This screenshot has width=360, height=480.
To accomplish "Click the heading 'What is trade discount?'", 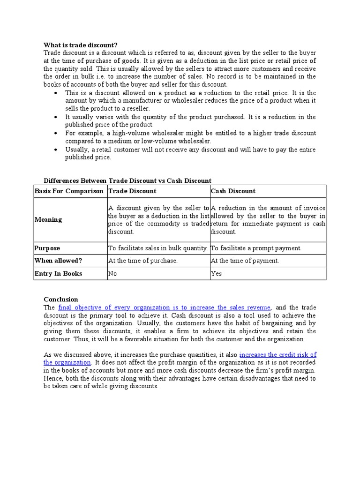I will tap(81, 45).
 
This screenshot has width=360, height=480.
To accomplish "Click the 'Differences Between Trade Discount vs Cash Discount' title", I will tap(127, 180).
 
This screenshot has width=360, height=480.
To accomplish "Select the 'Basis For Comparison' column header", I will tap(69, 191).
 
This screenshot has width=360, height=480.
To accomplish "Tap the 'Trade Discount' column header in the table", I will tap(133, 191).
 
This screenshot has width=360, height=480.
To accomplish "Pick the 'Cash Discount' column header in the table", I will tap(233, 191).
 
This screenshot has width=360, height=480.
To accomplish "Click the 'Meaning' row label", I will tap(48, 219).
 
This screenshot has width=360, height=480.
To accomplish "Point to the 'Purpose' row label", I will tap(47, 248).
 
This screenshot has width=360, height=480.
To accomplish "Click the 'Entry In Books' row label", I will tap(58, 273).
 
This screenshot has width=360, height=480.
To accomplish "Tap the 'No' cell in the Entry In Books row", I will tap(112, 273).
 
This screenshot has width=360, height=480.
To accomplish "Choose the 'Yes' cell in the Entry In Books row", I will tap(216, 273).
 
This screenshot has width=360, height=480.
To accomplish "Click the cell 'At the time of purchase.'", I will tap(143, 261).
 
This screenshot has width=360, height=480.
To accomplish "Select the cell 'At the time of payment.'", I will tap(245, 261).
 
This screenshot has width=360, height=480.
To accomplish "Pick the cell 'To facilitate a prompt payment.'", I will tap(256, 248).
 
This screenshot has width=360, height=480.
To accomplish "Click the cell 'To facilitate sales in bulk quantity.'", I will tap(158, 248).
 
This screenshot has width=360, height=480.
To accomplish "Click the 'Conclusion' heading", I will tap(61, 299).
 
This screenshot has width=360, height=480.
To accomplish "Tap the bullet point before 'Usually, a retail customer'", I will tap(56, 150).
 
